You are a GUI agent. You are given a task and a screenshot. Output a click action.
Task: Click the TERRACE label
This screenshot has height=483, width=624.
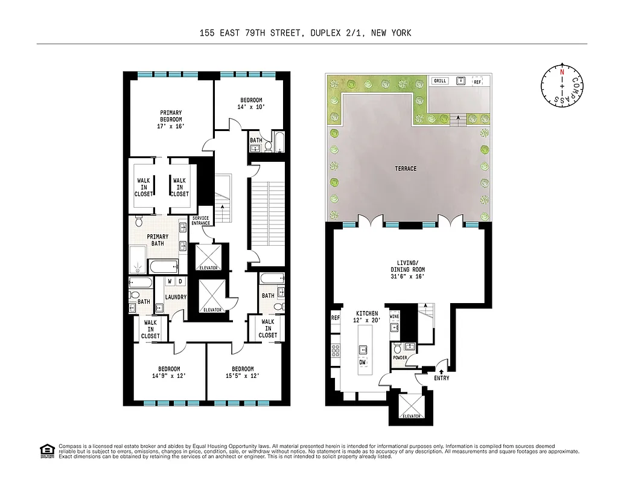406,168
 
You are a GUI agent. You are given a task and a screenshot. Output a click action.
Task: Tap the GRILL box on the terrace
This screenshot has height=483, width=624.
439,81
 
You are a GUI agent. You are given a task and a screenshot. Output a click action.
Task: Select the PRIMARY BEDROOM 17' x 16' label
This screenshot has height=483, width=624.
171,120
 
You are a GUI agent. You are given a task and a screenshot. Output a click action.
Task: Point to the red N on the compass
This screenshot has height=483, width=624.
562,72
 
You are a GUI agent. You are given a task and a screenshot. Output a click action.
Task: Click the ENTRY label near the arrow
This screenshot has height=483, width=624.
441,378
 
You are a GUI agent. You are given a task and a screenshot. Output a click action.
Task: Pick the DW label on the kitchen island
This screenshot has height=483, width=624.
362,363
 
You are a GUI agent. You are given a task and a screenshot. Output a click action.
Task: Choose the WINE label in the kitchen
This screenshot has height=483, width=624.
394,316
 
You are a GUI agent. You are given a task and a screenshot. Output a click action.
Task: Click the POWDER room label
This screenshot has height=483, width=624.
400,357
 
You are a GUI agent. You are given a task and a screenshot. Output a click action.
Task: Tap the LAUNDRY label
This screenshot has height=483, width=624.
176,297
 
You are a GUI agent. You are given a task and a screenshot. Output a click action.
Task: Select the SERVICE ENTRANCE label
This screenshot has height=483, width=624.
201,221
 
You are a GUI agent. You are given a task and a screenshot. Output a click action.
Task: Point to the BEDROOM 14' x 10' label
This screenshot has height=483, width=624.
252,103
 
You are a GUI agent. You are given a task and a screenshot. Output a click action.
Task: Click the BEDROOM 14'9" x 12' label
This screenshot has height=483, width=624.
169,373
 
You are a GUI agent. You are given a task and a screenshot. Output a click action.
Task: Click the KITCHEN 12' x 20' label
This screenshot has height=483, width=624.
367,317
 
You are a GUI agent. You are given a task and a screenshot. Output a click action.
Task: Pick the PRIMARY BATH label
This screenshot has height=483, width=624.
158,240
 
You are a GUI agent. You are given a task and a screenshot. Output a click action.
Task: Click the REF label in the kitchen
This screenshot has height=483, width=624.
335,317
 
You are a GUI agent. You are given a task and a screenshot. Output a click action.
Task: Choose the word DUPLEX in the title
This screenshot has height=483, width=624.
325,33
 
